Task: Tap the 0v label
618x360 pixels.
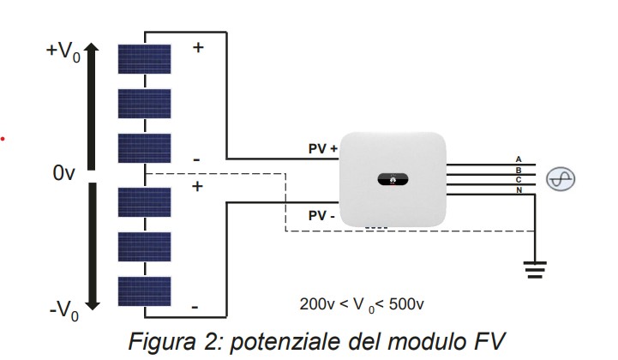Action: point(64,174)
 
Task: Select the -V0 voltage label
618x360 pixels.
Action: point(63,310)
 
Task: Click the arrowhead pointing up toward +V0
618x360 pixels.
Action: point(94,52)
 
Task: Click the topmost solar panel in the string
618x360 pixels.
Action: point(144,59)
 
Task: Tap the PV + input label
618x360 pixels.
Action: point(323,148)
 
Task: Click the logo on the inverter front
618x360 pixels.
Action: point(393,180)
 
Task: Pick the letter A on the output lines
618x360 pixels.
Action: point(518,159)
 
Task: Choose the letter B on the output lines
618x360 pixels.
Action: point(518,170)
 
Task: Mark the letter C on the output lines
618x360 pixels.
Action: point(518,179)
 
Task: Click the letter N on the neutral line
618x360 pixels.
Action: point(518,189)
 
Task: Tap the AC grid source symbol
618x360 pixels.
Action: point(561,178)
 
